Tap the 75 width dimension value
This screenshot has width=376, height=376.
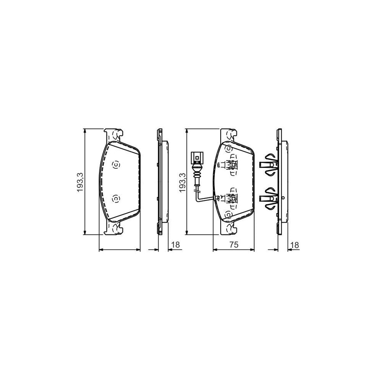tap(234, 245)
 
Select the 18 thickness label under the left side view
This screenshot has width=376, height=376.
tap(175, 245)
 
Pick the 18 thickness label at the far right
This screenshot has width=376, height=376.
tap(295, 245)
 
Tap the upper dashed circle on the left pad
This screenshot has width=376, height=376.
tap(116, 165)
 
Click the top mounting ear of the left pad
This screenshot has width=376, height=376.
tap(113, 135)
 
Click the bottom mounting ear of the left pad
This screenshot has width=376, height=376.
tap(113, 229)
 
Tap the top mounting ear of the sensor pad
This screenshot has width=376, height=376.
tap(229, 135)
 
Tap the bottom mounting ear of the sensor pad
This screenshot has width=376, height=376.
tap(229, 229)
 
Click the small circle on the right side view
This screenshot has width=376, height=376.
tap(283, 198)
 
